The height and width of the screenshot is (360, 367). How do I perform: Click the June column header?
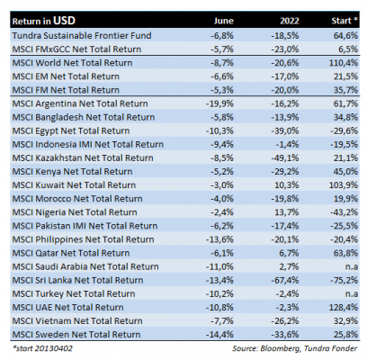click(223, 21)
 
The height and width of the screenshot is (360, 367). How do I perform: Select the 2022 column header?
click(290, 21)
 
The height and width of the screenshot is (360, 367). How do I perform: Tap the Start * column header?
click(345, 21)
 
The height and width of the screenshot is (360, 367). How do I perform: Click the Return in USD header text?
click(44, 21)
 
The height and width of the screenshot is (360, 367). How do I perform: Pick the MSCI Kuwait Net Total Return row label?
click(74, 185)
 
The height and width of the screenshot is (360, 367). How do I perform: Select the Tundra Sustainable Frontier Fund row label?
click(82, 36)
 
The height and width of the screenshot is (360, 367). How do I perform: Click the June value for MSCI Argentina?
click(219, 103)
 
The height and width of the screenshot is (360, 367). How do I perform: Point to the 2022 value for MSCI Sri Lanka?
click(285, 280)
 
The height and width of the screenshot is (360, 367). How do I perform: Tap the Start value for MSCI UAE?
click(344, 308)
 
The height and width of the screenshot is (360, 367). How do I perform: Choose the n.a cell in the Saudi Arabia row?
click(352, 266)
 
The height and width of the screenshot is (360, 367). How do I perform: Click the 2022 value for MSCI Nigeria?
click(287, 212)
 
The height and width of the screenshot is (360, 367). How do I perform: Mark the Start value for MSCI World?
click(344, 63)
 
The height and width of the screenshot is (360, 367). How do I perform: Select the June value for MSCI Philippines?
click(219, 239)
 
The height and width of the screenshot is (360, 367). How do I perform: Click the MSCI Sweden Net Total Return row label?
click(76, 335)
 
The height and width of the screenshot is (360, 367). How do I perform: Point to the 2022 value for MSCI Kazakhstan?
click(285, 158)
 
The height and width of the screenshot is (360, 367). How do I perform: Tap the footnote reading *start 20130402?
click(42, 348)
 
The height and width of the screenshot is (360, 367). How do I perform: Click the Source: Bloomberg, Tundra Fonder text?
click(294, 348)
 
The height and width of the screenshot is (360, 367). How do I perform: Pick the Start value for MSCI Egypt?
click(345, 131)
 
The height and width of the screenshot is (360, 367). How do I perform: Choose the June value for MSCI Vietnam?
click(221, 321)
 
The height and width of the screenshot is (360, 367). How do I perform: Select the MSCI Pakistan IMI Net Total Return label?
click(85, 226)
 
